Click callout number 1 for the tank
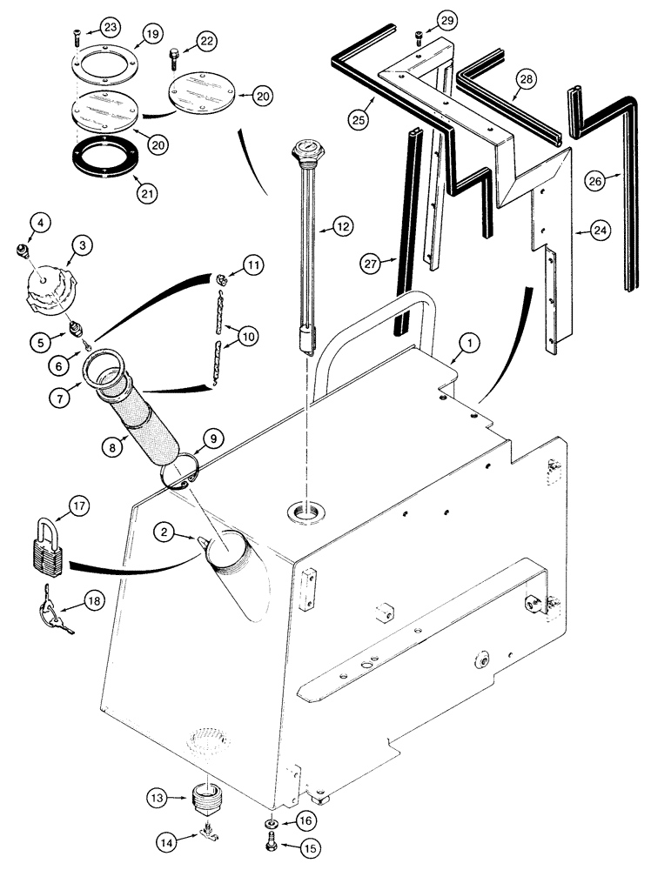point(468,345)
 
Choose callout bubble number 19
point(151,35)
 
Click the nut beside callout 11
point(221,279)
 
